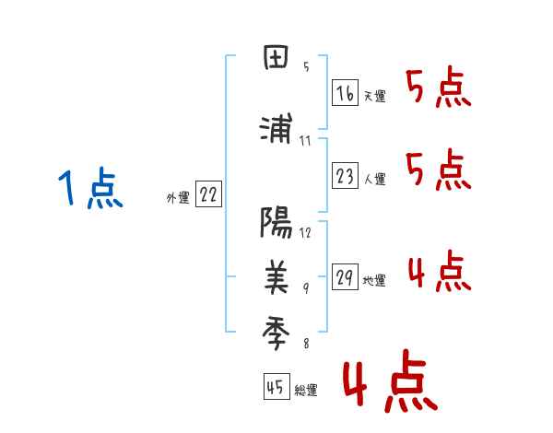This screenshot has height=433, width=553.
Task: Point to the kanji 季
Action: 276,329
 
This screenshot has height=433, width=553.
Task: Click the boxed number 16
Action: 345,94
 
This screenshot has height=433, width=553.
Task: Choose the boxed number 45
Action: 275,388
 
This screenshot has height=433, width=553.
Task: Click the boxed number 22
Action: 208,195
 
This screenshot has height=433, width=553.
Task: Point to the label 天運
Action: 374,96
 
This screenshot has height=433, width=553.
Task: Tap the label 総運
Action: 305,391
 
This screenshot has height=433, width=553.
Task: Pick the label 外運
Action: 178,197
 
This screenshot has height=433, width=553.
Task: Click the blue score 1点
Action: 89,189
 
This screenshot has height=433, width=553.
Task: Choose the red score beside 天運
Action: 439,89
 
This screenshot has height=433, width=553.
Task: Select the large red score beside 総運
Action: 389,384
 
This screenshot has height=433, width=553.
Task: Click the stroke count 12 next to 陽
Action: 306,233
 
